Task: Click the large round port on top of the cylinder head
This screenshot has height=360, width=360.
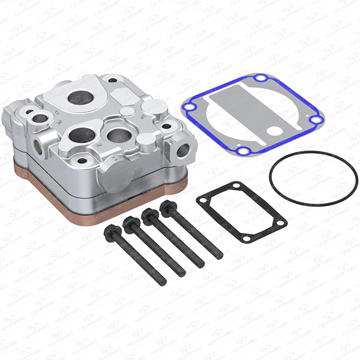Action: tap(80, 97)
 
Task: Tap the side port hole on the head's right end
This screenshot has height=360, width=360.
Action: tap(182, 150)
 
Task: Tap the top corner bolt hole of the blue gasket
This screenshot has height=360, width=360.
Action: tap(259, 78)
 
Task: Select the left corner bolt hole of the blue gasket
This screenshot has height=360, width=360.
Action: tap(188, 108)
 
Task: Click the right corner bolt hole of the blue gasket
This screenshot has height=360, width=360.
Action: tap(316, 120)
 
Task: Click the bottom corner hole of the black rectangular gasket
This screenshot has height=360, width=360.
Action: tap(245, 237)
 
